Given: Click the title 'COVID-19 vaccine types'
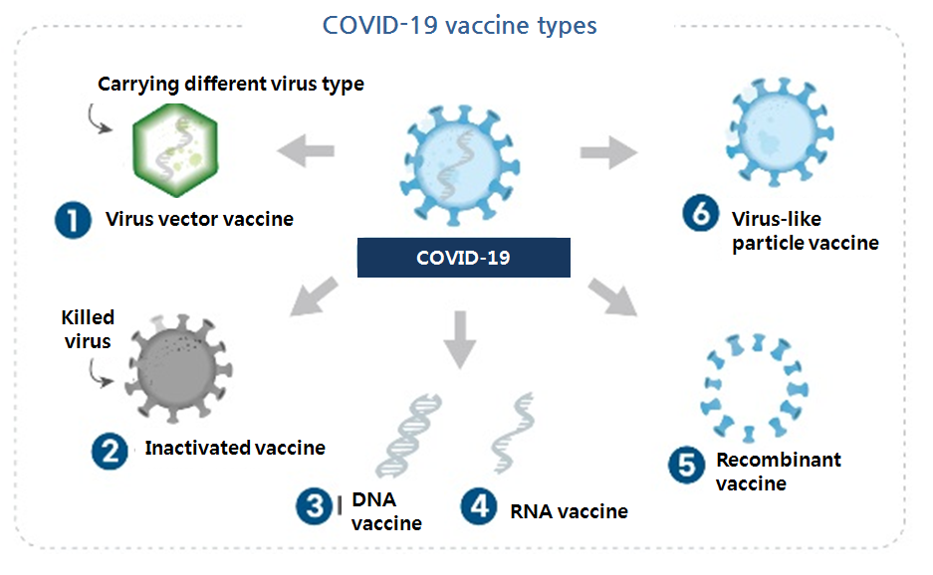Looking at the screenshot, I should [460, 24].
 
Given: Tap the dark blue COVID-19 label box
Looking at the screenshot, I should [463, 258].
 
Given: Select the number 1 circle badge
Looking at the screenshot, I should [74, 218].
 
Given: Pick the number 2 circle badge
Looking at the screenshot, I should [110, 451].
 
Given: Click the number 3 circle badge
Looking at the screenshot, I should [314, 507].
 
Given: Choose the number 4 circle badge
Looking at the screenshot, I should [479, 506].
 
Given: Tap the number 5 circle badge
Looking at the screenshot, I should [687, 466].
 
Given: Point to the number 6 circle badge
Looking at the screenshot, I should [701, 215].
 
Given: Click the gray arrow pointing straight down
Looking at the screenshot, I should [460, 337].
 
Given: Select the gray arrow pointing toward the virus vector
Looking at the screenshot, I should [305, 151].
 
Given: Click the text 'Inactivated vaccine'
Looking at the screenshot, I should [235, 448].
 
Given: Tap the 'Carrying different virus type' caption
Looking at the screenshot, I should [230, 84].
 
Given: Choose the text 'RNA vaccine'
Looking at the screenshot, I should [569, 511].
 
